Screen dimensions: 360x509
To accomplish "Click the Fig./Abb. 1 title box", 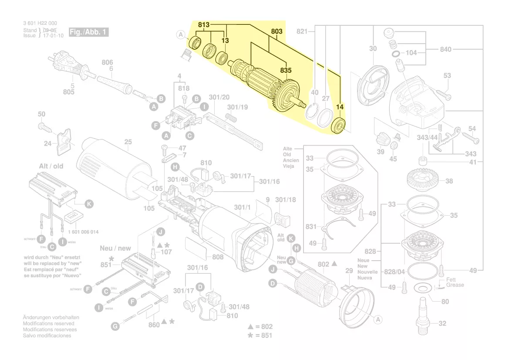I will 88,32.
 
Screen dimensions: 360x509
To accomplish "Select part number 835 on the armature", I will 286,70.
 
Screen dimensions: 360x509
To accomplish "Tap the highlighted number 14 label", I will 340,106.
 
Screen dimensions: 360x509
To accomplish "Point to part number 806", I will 107,63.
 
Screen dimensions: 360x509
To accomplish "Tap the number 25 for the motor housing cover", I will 128,142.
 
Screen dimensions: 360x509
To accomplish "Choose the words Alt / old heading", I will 51,166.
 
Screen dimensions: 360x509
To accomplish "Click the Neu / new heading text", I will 115,248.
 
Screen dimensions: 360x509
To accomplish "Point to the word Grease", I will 455,285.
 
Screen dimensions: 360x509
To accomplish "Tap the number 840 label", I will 445,50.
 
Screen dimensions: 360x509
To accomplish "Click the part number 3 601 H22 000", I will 40,23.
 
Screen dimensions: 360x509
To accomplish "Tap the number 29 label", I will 349,271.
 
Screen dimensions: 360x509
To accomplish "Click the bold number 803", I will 276,31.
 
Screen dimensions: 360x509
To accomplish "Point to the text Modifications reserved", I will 48,324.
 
